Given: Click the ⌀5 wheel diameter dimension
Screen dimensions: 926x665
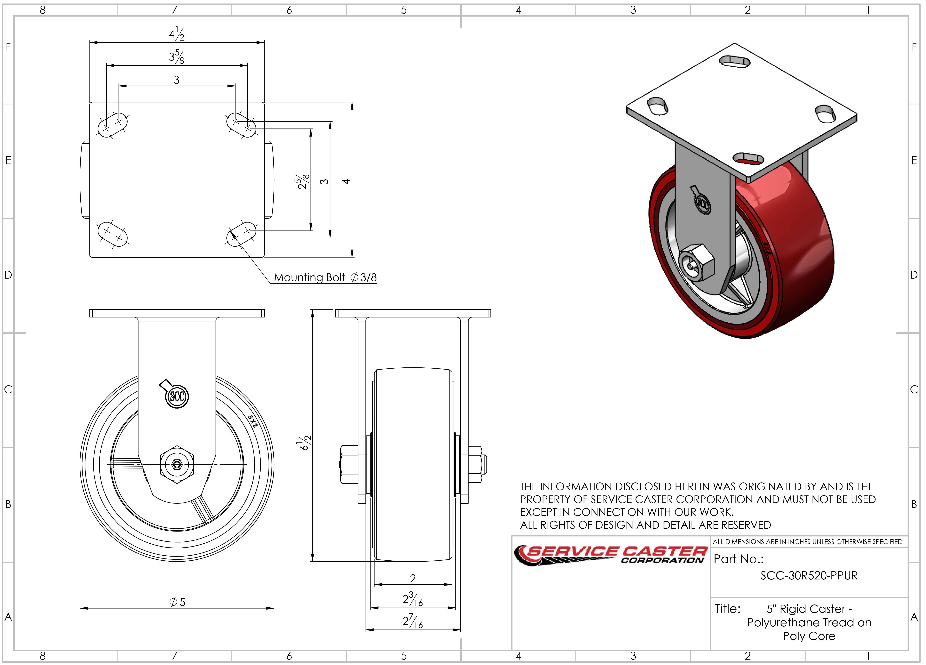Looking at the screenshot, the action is (x=177, y=602).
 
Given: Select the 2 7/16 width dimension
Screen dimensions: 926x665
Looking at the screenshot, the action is (x=413, y=621).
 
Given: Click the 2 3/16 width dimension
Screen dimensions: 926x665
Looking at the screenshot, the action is (x=413, y=599).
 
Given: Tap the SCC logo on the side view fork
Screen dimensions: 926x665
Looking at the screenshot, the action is (x=177, y=396).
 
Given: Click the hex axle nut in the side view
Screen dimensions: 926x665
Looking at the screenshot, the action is (x=177, y=464).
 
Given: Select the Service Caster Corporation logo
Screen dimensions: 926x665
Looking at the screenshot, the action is (x=610, y=556).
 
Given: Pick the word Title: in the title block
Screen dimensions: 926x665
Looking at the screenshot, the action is (x=728, y=609).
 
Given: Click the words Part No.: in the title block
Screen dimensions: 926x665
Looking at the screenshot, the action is (x=739, y=559).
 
